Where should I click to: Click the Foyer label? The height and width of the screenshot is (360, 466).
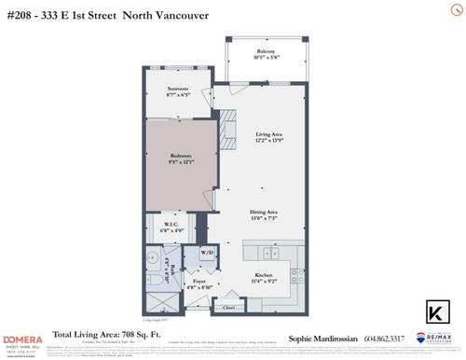[199, 282]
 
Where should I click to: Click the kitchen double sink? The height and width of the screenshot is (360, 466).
[268, 252]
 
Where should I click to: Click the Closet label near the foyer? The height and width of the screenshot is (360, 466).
[228, 304]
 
